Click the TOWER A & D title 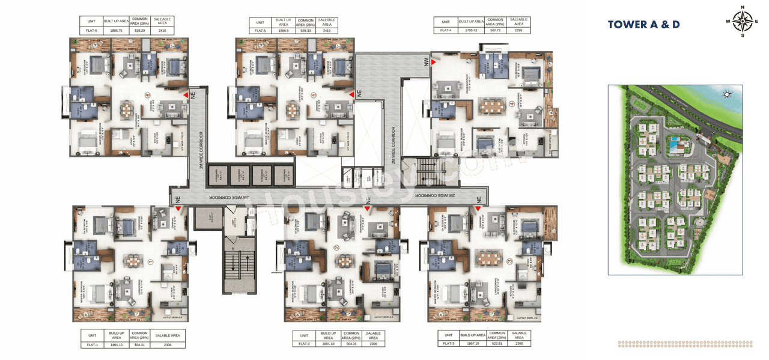pos(643,25)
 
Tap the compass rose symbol pos(743,22)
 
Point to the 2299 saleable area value pos(518,29)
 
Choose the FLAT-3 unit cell pos(448,343)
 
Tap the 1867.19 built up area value pos(472,343)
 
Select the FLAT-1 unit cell pos(92,345)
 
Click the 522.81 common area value pos(497,343)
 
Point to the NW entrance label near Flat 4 pos(425,63)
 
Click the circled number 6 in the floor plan pos(147,94)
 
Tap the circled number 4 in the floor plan pos(512,102)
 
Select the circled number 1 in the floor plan pos(150,261)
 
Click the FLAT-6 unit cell pos(91,30)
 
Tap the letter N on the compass pos(743,8)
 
